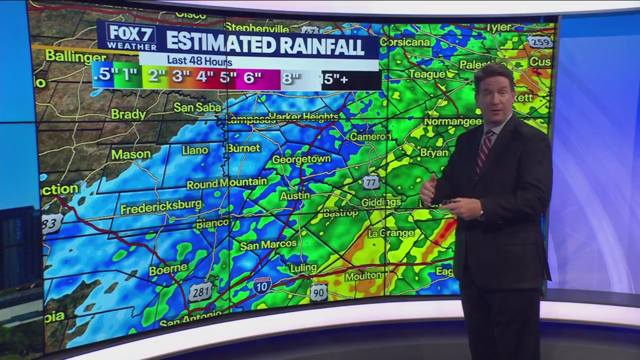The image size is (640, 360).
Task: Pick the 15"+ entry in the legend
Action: (x=334, y=79)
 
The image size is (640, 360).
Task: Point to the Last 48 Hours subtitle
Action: (x=199, y=61)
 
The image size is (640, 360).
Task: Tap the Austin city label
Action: (x=295, y=196)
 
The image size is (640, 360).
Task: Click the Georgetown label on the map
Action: (x=301, y=159)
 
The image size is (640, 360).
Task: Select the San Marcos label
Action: (x=268, y=245)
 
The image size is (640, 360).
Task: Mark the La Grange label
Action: (x=391, y=233)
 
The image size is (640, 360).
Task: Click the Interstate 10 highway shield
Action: (x=262, y=285)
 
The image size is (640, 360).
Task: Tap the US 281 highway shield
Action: (x=200, y=292)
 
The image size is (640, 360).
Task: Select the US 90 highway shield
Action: (x=318, y=292)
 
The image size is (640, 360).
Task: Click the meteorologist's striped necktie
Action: (x=484, y=150)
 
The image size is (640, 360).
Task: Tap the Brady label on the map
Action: (x=128, y=114)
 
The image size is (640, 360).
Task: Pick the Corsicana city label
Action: (x=404, y=42)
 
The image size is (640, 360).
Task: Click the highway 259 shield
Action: (x=539, y=42)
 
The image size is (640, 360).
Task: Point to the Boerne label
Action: (x=168, y=269)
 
